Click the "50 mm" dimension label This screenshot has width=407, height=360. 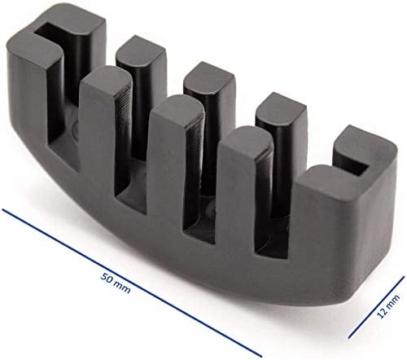[x=116, y=283]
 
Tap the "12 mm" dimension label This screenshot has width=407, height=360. [x=388, y=306]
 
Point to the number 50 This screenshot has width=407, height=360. [x=107, y=278]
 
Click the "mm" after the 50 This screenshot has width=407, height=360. [x=123, y=288]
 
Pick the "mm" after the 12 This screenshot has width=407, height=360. [x=393, y=301]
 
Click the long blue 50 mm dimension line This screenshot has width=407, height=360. [x=132, y=283]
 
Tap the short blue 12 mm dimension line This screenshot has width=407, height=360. [x=376, y=307]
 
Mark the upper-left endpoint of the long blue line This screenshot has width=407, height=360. [x=2, y=209]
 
